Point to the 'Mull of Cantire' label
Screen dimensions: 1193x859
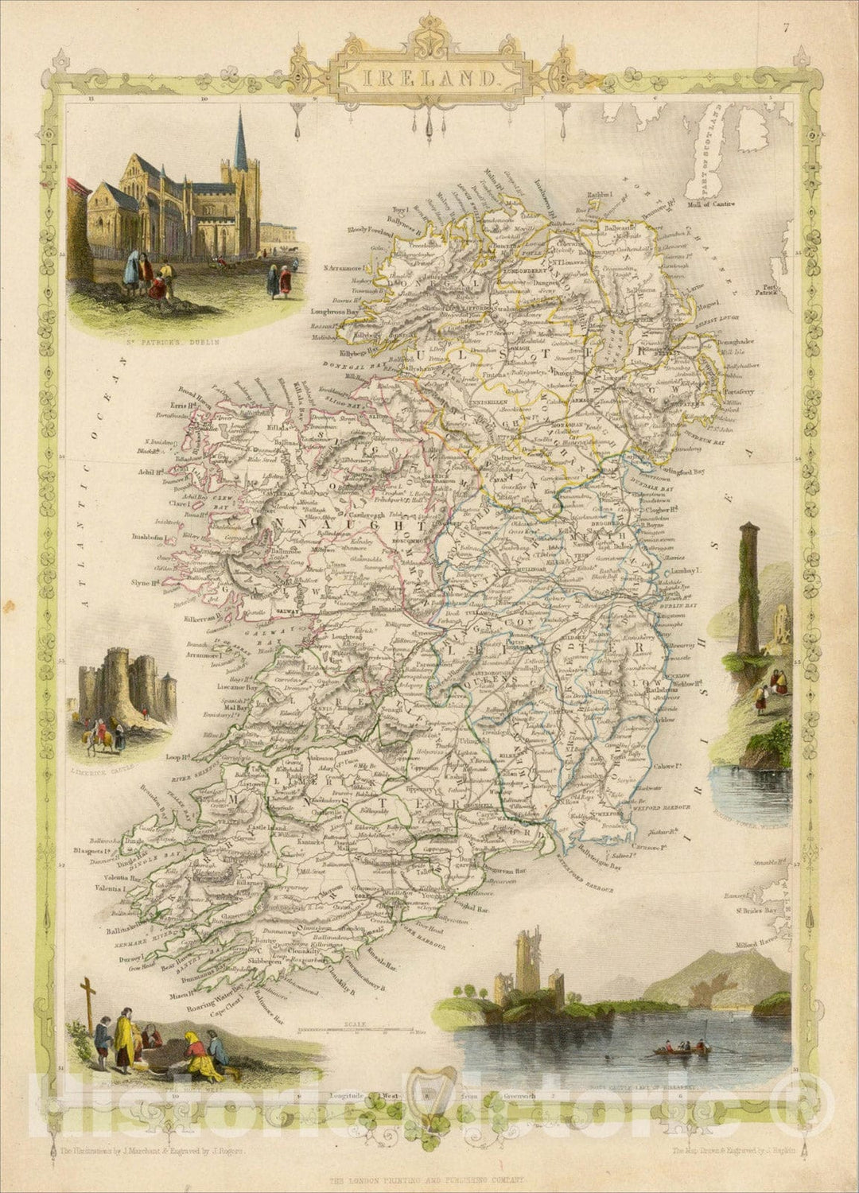[x=707, y=204]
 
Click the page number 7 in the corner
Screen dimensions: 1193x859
[x=785, y=9]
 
